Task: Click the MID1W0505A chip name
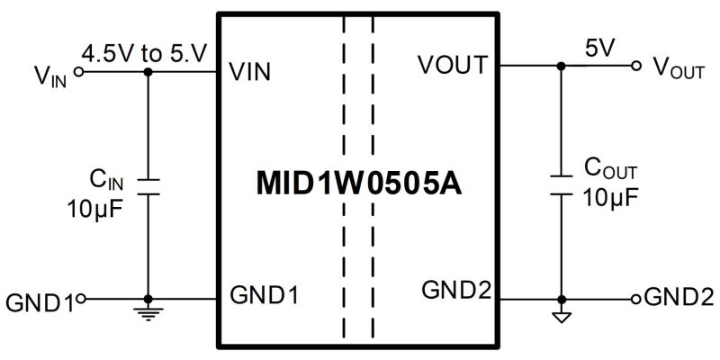[x=359, y=184]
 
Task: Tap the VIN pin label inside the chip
[x=250, y=72]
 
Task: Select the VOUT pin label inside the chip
[x=452, y=65]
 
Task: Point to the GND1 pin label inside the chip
[x=264, y=295]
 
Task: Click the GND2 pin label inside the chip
[x=456, y=290]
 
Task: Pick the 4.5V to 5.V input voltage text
[x=145, y=54]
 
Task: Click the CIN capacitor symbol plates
[x=148, y=187]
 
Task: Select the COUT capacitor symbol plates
[x=561, y=185]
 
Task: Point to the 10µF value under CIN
[x=95, y=210]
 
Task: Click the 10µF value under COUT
[x=611, y=198]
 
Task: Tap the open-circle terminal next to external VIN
[x=79, y=72]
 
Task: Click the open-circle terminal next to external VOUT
[x=636, y=66]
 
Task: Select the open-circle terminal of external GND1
[x=81, y=299]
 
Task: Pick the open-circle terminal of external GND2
[x=636, y=300]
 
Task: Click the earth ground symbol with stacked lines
[x=148, y=313]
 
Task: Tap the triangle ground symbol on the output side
[x=561, y=317]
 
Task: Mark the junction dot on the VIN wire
[x=148, y=72]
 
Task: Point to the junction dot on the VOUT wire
[x=561, y=66]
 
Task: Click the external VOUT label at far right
[x=679, y=69]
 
